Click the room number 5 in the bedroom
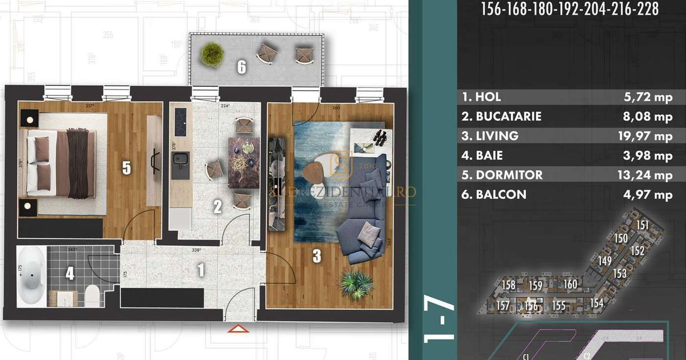126,168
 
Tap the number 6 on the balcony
242,67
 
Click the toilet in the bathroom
91,295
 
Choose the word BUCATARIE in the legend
508,117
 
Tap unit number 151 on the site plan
643,225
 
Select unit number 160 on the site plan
570,285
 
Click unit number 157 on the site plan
502,306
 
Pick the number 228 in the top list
647,10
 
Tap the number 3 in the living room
316,257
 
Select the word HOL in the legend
488,97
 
